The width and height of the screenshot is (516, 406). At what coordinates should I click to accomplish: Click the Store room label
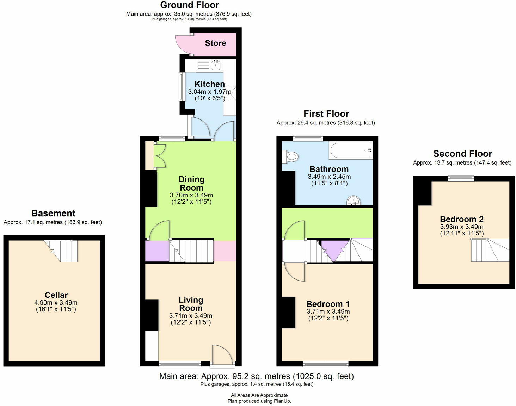[215, 43]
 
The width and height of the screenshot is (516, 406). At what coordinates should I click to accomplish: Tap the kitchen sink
[216, 65]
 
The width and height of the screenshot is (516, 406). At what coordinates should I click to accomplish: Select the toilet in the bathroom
[291, 156]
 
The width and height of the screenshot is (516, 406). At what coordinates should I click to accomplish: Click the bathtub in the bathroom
[351, 150]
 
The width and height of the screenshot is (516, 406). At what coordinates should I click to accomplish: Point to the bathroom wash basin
[353, 201]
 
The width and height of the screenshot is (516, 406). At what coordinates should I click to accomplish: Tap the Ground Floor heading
[189, 5]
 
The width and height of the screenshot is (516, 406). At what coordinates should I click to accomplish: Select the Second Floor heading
[462, 154]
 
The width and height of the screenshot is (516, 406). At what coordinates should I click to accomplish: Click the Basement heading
[53, 213]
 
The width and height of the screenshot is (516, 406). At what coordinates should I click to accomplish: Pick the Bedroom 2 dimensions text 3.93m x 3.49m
[461, 227]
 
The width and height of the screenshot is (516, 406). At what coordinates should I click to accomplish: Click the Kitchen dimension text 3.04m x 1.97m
[209, 92]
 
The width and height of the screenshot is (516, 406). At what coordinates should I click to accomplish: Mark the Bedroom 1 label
[328, 304]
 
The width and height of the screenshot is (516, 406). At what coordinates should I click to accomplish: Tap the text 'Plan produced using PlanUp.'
[259, 401]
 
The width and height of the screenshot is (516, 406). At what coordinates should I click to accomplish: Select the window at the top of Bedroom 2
[461, 178]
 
